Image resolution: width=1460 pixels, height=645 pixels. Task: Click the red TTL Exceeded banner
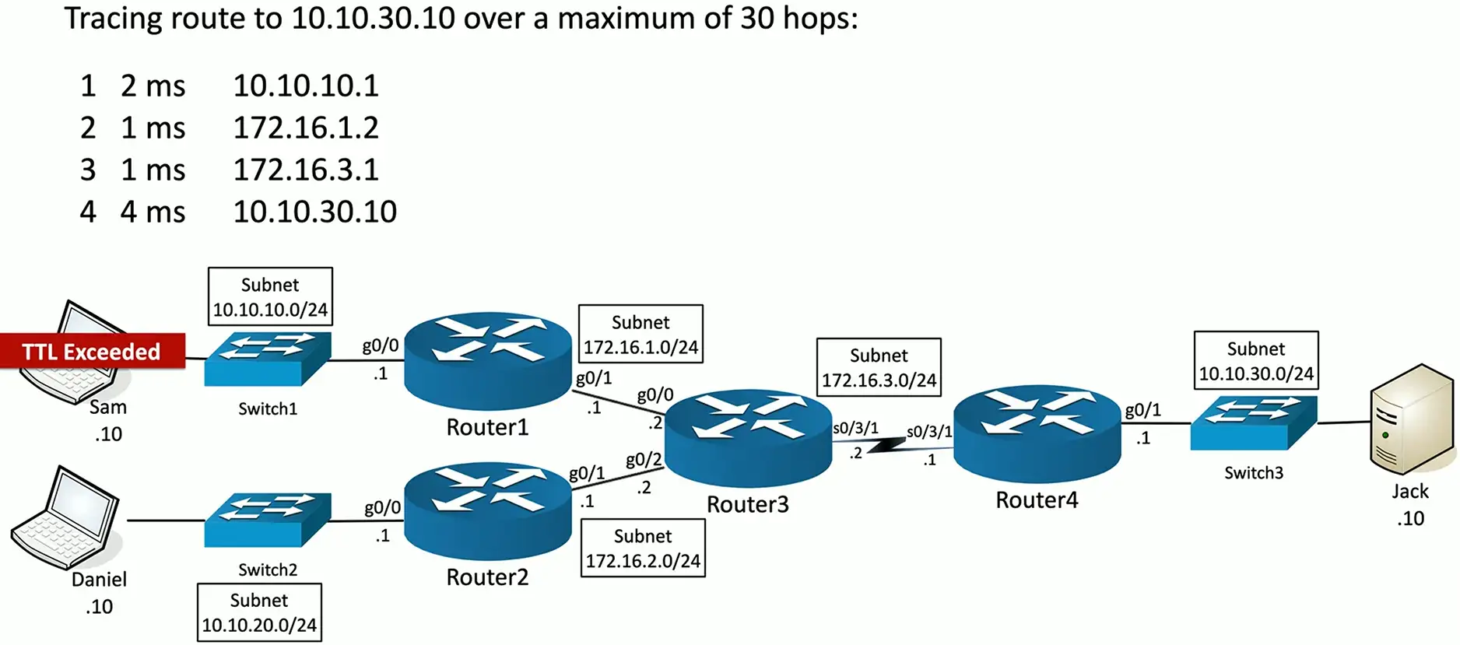(92, 352)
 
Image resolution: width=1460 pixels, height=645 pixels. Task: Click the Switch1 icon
(268, 359)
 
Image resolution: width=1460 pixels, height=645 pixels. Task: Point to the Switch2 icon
(268, 520)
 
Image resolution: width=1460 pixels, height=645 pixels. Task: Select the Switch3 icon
(1253, 422)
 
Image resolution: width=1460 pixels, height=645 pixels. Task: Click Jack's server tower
(1411, 419)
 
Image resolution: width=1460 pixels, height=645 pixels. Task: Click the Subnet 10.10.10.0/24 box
(270, 296)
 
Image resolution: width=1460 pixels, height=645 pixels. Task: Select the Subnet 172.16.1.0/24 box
(641, 334)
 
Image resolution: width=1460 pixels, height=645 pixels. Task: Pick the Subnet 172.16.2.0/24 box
(643, 548)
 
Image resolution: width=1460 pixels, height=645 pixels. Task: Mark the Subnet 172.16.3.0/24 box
(879, 367)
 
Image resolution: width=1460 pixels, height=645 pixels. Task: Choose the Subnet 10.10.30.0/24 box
(1256, 360)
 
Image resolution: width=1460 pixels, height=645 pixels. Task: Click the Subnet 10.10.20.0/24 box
(259, 612)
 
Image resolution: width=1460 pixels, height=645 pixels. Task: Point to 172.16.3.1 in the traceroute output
(306, 170)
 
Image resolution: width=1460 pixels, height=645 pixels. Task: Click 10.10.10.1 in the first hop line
(306, 86)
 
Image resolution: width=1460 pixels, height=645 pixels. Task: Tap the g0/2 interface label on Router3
(644, 460)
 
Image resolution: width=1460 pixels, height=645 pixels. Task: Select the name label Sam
(108, 407)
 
